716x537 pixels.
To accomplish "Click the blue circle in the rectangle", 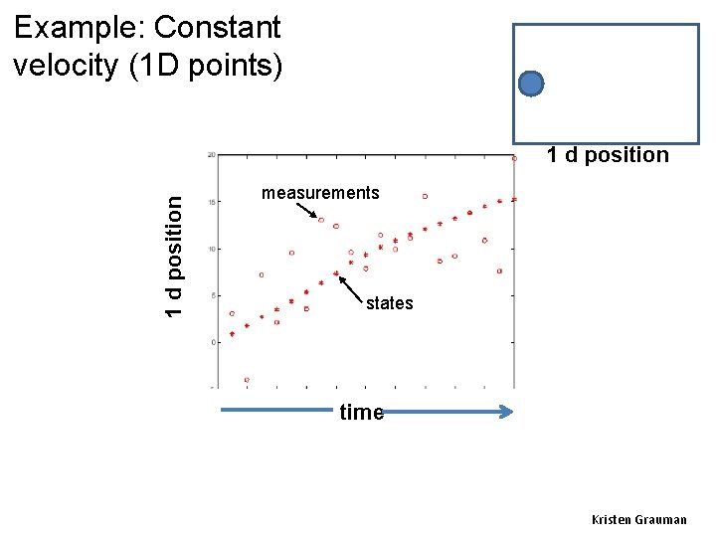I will tap(532, 84).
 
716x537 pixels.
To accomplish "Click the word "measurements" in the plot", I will tap(320, 193).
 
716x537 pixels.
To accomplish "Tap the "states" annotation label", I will tap(389, 303).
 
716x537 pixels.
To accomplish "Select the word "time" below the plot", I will tap(361, 413).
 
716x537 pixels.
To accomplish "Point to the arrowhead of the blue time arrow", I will tap(507, 411).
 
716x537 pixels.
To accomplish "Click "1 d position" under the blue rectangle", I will tap(607, 154).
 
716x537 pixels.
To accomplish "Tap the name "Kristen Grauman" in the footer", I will tap(638, 520).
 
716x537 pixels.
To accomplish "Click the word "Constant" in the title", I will tap(218, 28).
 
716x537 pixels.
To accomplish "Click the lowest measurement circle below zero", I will tap(247, 380).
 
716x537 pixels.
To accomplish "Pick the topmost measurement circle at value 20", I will tap(514, 158).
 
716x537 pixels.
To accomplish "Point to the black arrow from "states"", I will tap(351, 286).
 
